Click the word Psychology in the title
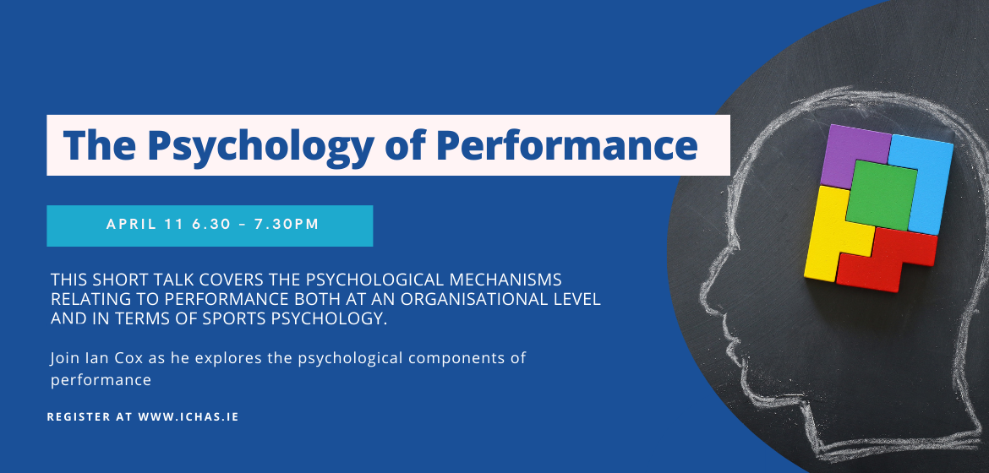point(260,146)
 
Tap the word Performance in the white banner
point(566,144)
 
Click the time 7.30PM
point(287,225)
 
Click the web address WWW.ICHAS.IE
point(189,417)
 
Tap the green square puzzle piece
point(881,194)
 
